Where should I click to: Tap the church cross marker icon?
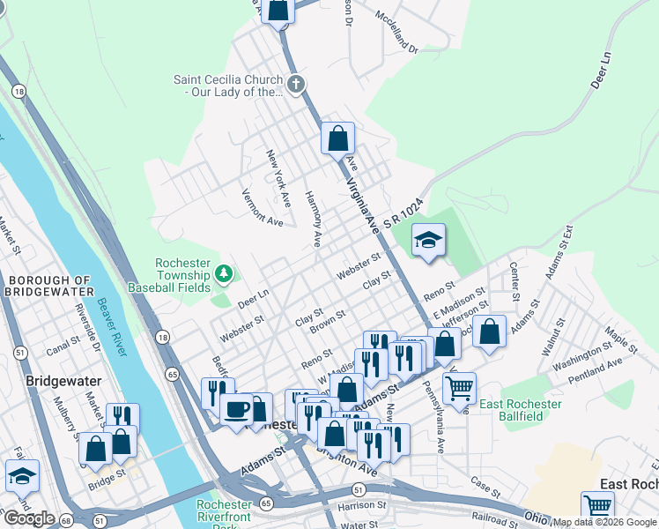tap(296, 86)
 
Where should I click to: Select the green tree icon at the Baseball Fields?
tap(224, 274)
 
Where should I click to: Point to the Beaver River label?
tap(111, 334)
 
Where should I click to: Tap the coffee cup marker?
tap(235, 409)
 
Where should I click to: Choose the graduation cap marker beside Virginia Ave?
tap(428, 240)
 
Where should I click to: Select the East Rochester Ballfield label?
tap(520, 411)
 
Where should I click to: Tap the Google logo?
tap(29, 518)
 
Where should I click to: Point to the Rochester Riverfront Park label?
tap(224, 512)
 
